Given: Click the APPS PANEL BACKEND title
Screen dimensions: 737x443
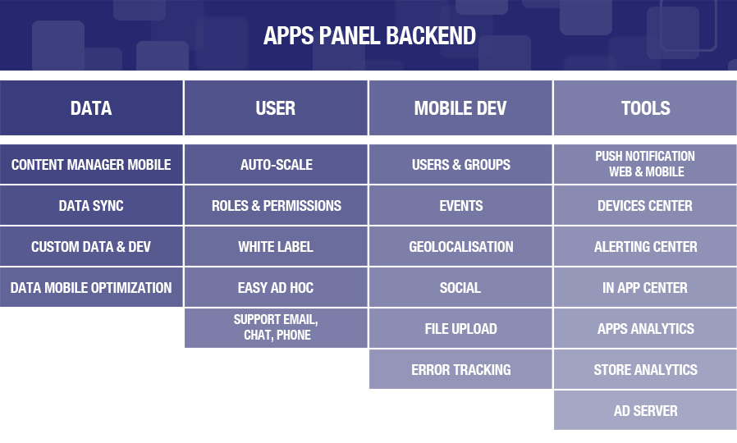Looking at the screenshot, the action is click(369, 36).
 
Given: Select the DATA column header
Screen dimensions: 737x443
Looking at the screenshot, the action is click(91, 108).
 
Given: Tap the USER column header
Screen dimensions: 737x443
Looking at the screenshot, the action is click(276, 108).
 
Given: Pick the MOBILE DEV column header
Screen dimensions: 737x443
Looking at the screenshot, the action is click(460, 108).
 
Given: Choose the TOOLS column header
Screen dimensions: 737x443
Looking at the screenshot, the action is click(645, 108).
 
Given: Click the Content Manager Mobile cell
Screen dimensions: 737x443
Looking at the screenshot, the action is click(91, 164).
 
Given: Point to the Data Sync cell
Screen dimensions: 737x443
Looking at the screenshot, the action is click(91, 205).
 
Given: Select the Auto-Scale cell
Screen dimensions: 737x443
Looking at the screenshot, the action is click(276, 164).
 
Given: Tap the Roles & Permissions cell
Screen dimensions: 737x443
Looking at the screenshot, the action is click(276, 205).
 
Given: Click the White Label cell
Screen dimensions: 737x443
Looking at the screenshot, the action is click(276, 247).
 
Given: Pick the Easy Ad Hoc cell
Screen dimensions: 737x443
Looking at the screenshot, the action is click(276, 287).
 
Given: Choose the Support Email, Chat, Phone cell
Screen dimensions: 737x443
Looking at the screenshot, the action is click(276, 328).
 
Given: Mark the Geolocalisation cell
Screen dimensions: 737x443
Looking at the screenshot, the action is click(460, 247).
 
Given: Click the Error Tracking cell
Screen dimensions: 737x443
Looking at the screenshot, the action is click(460, 369).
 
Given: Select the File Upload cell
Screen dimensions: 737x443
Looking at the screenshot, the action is click(460, 328).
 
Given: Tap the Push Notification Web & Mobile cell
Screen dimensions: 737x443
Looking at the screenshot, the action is click(645, 164).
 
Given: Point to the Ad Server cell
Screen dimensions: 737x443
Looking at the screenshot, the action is click(645, 410).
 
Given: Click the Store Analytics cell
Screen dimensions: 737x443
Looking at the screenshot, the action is click(645, 369).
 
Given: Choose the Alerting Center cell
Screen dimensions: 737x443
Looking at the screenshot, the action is click(645, 247).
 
